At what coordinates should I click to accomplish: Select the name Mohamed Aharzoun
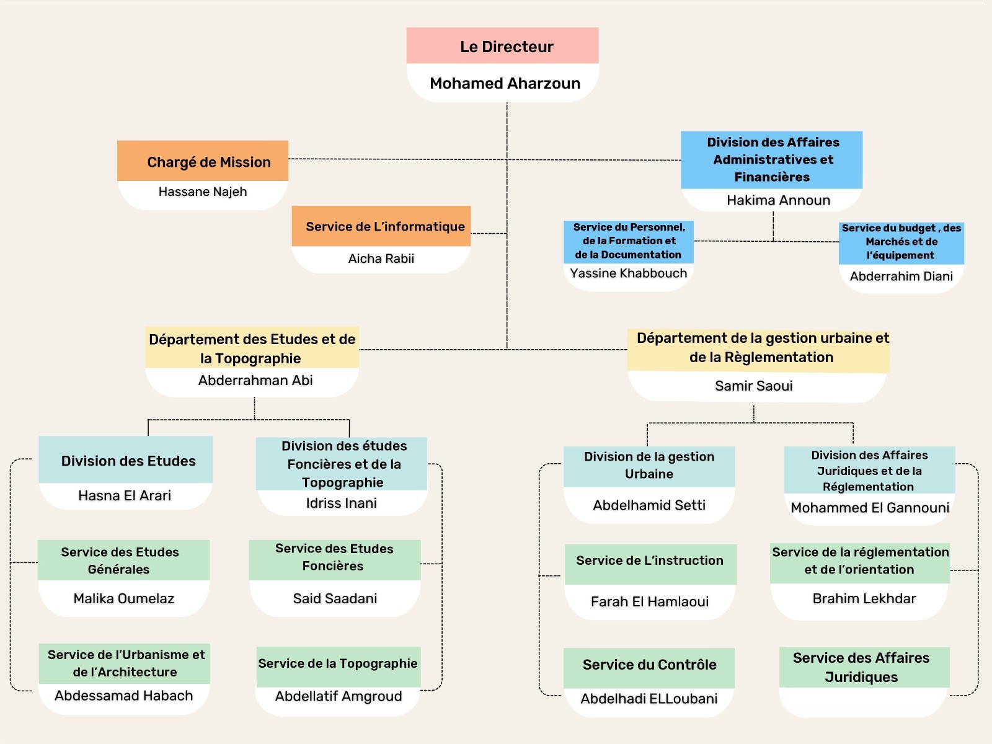(505, 83)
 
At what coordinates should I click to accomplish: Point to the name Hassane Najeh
(203, 192)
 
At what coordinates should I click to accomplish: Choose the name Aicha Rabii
(381, 259)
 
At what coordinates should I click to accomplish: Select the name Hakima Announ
(778, 200)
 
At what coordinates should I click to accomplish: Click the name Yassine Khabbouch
(628, 273)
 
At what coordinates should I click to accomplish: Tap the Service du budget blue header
(901, 242)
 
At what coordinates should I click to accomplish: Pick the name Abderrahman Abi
(255, 380)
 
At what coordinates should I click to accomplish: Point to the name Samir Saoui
(753, 386)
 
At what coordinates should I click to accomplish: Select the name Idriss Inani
(341, 503)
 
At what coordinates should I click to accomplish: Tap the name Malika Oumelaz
(124, 598)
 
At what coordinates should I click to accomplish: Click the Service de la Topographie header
(338, 664)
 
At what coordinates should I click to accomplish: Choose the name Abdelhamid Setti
(649, 505)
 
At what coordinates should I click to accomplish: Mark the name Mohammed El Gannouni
(870, 508)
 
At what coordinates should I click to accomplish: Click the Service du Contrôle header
(649, 665)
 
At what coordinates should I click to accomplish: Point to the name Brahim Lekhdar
(864, 598)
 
